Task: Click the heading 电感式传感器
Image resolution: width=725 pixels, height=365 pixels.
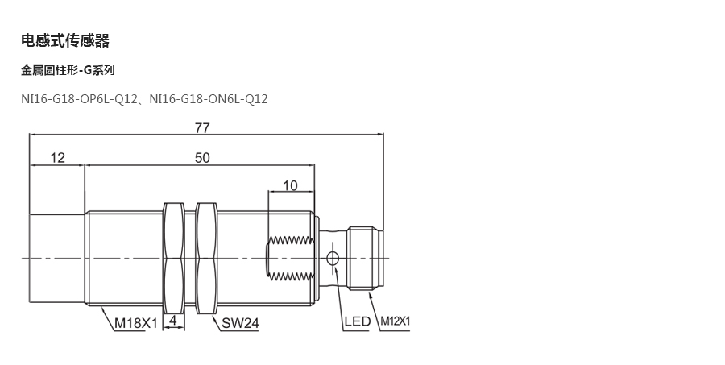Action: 65,40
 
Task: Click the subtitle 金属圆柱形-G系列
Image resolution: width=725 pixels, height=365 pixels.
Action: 68,71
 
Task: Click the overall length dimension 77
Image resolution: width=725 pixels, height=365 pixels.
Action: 202,127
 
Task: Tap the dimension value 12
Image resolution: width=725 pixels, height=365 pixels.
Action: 57,158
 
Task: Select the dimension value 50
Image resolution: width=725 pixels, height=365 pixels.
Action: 201,158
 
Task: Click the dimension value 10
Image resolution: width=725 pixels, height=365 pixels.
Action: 290,185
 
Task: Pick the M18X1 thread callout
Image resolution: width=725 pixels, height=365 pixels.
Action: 135,323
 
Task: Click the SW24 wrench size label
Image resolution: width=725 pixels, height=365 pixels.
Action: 239,323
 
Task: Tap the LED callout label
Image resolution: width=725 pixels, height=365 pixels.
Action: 357,322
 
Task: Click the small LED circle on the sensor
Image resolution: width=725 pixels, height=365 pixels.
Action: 332,259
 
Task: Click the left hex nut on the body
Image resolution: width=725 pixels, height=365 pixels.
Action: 173,258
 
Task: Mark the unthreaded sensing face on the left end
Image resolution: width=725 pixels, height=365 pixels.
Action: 56,258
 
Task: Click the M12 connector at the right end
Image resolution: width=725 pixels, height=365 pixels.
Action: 367,258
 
